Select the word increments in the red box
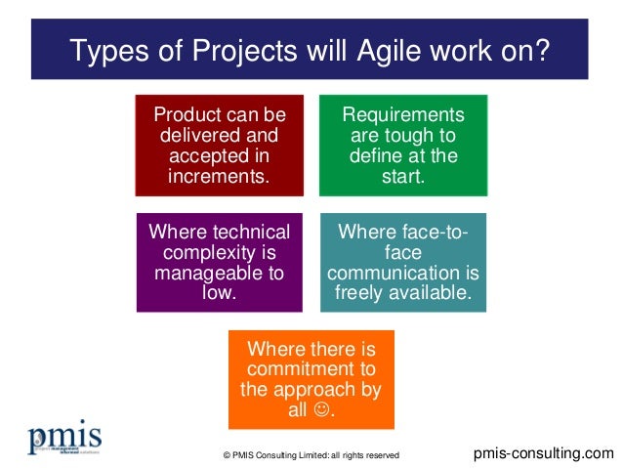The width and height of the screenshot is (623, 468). tap(220, 177)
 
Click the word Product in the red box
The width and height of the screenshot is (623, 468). tap(184, 115)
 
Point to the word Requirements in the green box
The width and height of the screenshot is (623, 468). tap(402, 115)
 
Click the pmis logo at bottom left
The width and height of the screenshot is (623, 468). tap(64, 441)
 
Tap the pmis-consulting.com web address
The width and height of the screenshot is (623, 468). tap(544, 452)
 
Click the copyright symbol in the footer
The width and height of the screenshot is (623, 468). tap(228, 455)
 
